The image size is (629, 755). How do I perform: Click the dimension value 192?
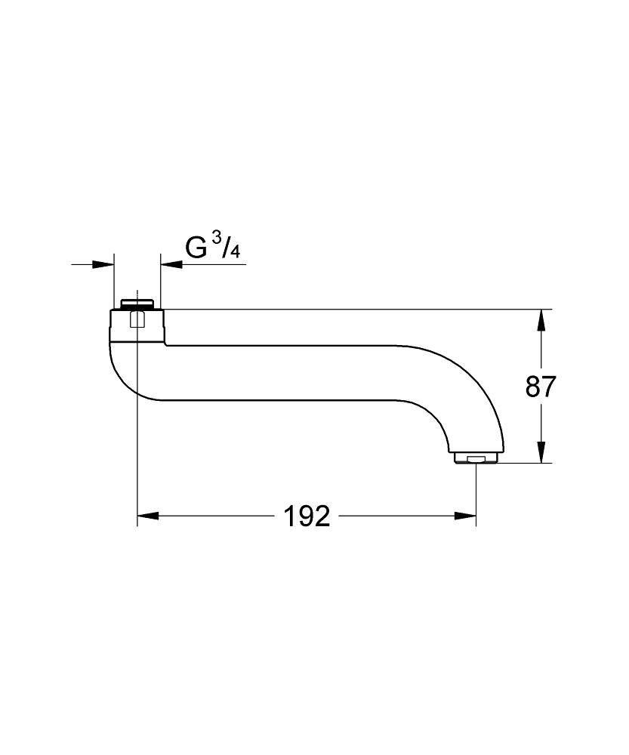[307, 516]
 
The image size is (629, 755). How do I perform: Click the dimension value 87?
[541, 387]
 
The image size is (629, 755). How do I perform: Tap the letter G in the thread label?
[197, 250]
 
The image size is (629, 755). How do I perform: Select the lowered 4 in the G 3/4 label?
[236, 254]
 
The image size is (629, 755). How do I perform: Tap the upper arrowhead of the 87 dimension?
[541, 320]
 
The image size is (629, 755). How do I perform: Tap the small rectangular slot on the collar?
[137, 322]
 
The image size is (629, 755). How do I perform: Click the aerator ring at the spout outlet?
[476, 457]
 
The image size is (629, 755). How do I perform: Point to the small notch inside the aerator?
[476, 459]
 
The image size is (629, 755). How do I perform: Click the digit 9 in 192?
[307, 516]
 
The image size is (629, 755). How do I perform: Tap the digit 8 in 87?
[532, 387]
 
